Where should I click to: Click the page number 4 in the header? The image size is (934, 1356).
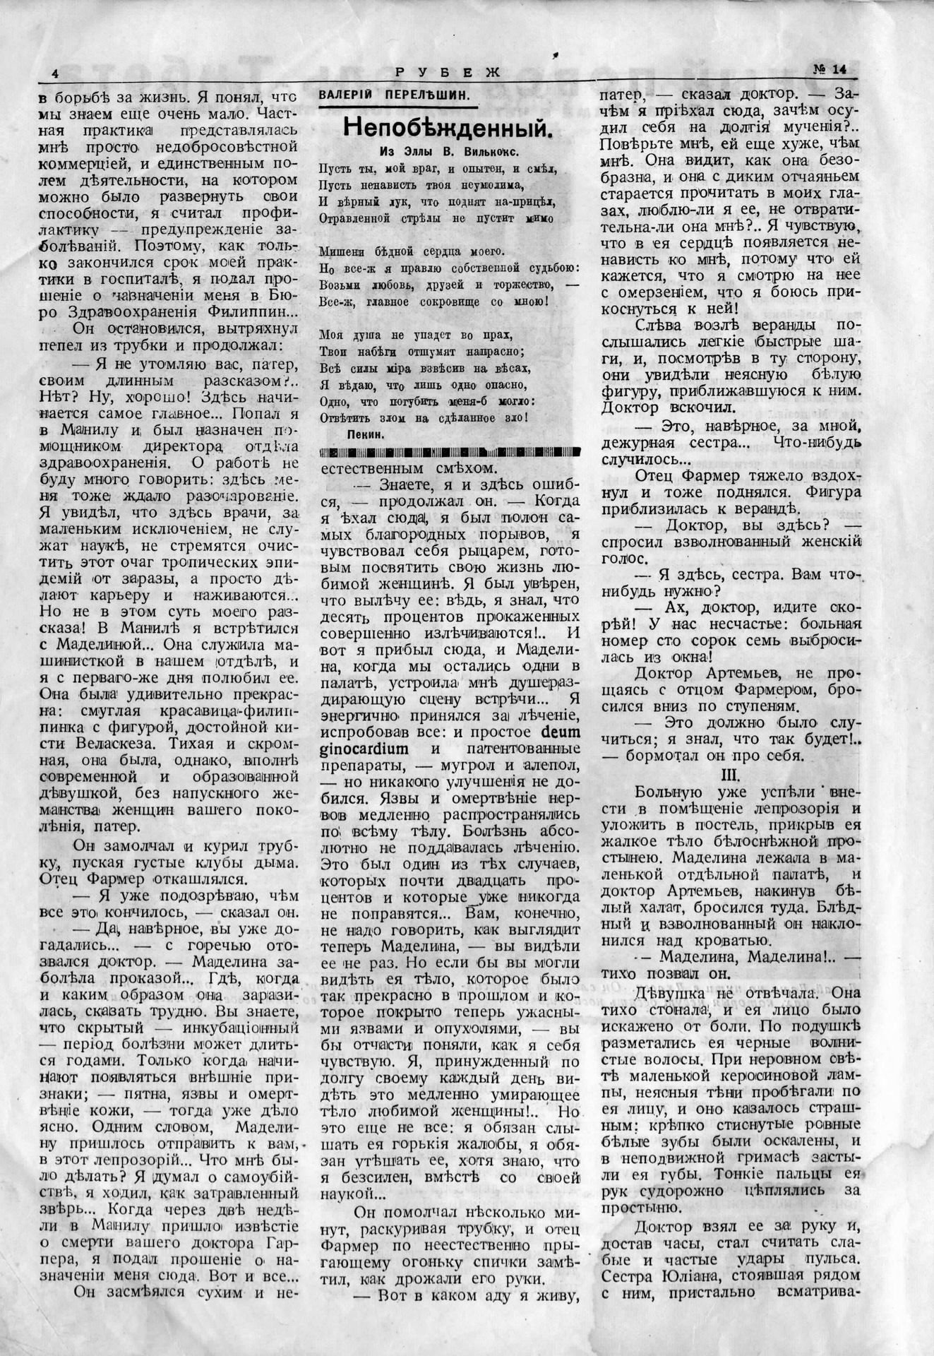coord(55,74)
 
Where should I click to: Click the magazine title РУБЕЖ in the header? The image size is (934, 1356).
coord(447,71)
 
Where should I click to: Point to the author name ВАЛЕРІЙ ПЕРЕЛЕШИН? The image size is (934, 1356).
coord(394,95)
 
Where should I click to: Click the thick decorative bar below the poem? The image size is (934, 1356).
coord(450,452)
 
